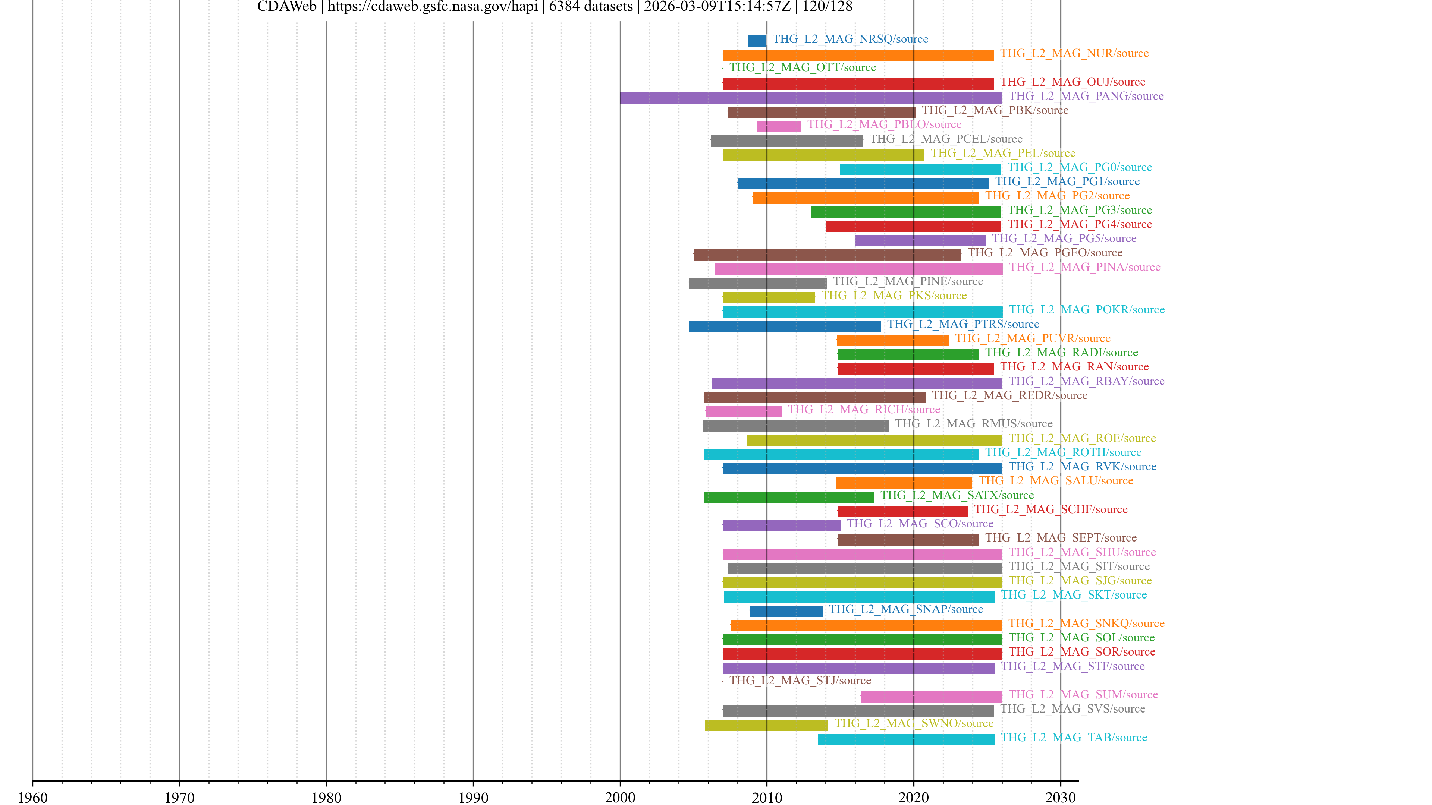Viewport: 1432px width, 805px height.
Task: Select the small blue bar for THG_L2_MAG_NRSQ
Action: [757, 41]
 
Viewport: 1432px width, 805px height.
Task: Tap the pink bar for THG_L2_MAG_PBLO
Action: [779, 127]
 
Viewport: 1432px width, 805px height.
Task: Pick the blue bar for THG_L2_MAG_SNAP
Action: [785, 611]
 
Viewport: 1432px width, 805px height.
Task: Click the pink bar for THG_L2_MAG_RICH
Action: [743, 412]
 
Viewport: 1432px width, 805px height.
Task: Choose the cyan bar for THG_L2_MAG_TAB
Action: [906, 739]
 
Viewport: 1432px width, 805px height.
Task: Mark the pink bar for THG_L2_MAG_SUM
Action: [931, 697]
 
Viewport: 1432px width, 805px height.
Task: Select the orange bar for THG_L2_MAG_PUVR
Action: [892, 341]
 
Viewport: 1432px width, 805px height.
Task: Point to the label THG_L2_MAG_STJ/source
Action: [800, 680]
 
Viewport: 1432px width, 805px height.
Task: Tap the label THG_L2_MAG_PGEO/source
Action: [1045, 253]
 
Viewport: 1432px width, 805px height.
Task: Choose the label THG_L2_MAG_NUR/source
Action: [1074, 53]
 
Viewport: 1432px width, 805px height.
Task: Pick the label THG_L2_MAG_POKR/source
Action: [1086, 309]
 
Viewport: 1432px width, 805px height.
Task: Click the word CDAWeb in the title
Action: [286, 7]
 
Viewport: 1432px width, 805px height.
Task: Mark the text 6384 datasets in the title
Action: [590, 7]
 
